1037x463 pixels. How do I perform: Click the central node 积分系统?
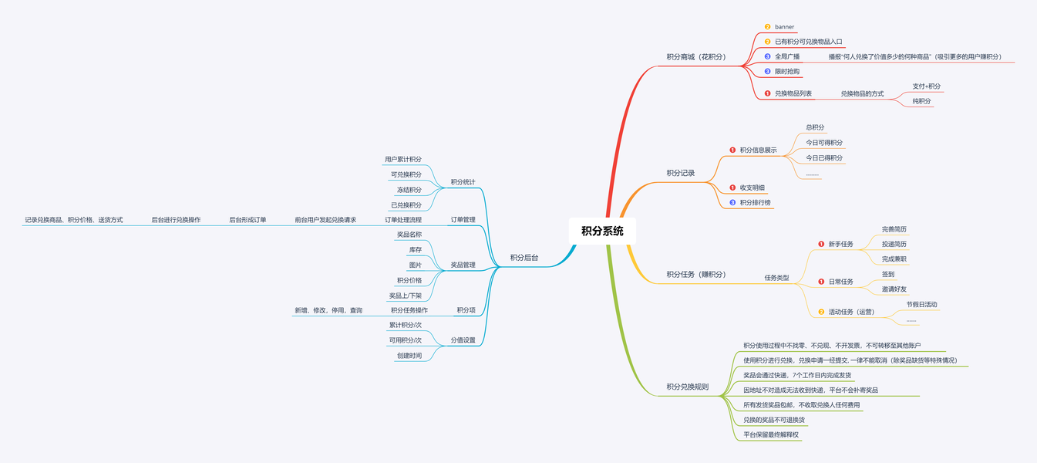[603, 231]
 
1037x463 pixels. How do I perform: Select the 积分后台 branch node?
[524, 258]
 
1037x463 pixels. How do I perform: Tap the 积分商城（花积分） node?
[696, 57]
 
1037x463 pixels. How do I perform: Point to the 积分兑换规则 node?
[688, 387]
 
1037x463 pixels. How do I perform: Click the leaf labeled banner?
[784, 27]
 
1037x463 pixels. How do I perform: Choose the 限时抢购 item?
[787, 72]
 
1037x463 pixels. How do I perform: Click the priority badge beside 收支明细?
[732, 188]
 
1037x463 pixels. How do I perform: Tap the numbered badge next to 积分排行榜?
[732, 203]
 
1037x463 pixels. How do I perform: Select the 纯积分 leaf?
[921, 101]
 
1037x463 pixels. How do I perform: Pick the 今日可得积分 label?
[824, 143]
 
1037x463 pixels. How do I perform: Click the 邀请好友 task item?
[894, 289]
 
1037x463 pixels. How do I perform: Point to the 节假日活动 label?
[922, 305]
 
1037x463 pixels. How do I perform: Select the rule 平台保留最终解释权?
[771, 435]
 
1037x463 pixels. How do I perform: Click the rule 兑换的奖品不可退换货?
[774, 421]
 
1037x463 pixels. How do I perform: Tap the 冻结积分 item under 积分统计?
[409, 190]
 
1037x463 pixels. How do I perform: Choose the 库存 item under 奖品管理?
[415, 250]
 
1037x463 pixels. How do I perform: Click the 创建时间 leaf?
[409, 356]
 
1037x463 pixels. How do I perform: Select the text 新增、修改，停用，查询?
[328, 310]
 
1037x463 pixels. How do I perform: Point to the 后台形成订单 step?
[247, 220]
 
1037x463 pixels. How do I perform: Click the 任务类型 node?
[776, 278]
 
